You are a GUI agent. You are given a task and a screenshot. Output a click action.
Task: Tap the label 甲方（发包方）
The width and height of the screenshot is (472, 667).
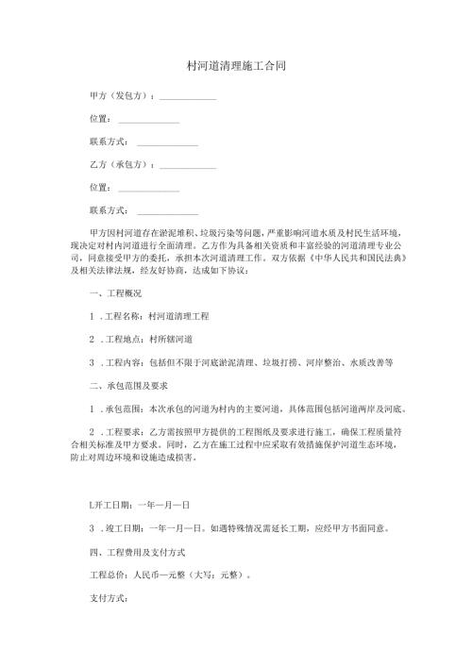pos(120,96)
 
